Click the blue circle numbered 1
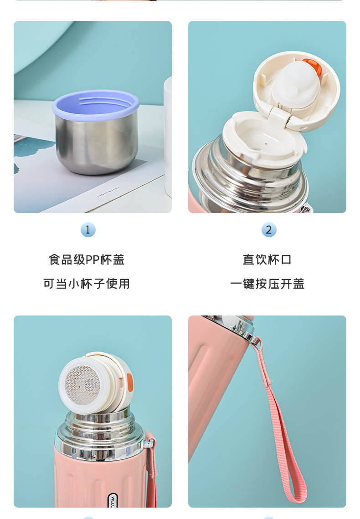[x=88, y=229]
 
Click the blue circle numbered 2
[x=269, y=229]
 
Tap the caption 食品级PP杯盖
[x=87, y=260]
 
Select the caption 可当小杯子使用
[x=87, y=284]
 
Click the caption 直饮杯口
[x=267, y=260]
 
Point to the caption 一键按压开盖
[x=267, y=284]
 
